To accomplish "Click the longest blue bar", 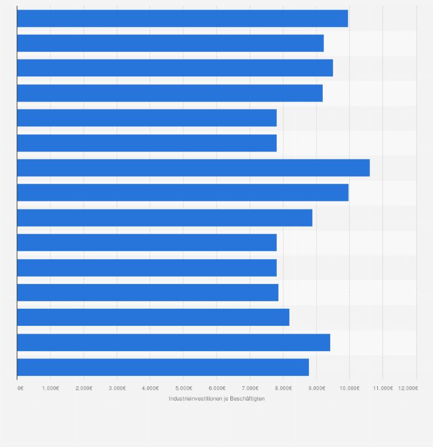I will [x=193, y=168].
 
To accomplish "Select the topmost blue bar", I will [x=182, y=18].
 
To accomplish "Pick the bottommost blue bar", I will [x=163, y=367].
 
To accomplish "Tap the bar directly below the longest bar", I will [x=183, y=193].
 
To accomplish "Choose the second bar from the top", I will [x=170, y=43].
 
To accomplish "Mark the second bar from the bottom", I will [x=173, y=342].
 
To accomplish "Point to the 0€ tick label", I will [x=21, y=388].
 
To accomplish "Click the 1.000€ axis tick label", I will [x=50, y=388].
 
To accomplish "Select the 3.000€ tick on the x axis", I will [x=117, y=388].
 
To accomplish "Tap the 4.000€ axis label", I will [x=150, y=388].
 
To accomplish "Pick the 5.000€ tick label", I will [x=183, y=388].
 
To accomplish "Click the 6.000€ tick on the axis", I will [x=216, y=388].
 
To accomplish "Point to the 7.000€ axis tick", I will [x=250, y=388].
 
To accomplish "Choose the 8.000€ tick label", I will [x=283, y=388].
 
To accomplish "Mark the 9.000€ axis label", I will [x=316, y=388].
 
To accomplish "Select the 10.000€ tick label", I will [x=349, y=388].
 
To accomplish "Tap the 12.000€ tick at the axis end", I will [x=408, y=388].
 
